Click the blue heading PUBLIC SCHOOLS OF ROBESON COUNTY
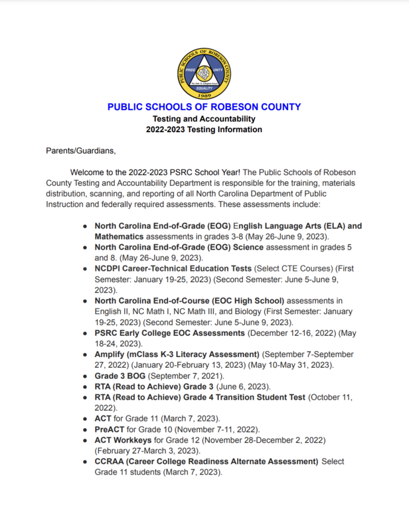[204, 107]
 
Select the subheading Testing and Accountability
[204, 119]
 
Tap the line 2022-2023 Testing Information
[204, 129]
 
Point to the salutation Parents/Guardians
[76, 151]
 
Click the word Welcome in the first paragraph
[90, 171]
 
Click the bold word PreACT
[111, 429]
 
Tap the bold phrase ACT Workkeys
[123, 440]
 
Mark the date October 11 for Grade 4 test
[330, 397]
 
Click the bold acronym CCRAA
[112, 461]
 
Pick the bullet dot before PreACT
[86, 429]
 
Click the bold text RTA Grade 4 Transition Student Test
[200, 397]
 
